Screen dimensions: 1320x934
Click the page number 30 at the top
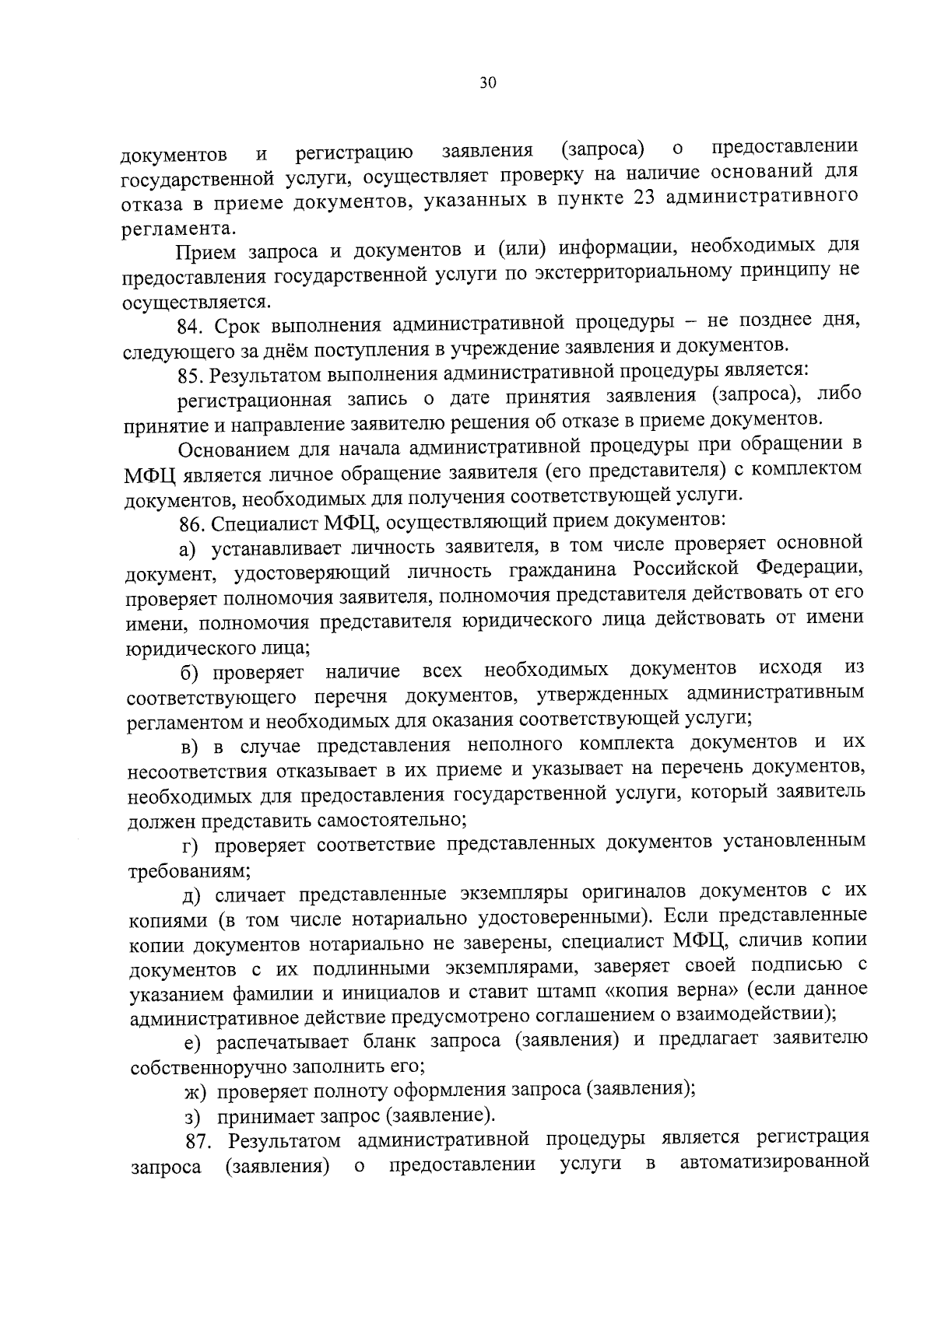tap(488, 84)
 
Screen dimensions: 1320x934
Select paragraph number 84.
tap(191, 325)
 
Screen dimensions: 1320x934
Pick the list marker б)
tap(191, 671)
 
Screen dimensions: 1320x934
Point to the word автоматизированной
tap(774, 1164)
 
